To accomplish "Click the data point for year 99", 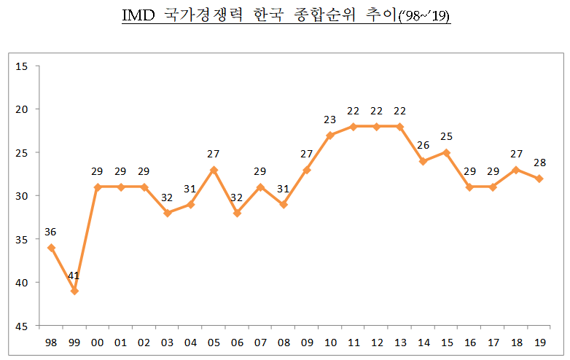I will click(74, 291).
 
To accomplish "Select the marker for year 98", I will click(50, 248).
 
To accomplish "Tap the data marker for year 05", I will click(214, 170).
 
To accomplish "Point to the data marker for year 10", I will click(330, 136).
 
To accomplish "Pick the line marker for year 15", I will click(446, 152).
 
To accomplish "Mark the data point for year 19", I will click(539, 179).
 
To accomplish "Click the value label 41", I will click(74, 277).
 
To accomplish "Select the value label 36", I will click(50, 232).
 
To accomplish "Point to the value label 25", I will click(446, 137).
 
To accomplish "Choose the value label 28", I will click(539, 163).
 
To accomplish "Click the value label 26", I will click(423, 146).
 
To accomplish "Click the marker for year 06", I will click(237, 213).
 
